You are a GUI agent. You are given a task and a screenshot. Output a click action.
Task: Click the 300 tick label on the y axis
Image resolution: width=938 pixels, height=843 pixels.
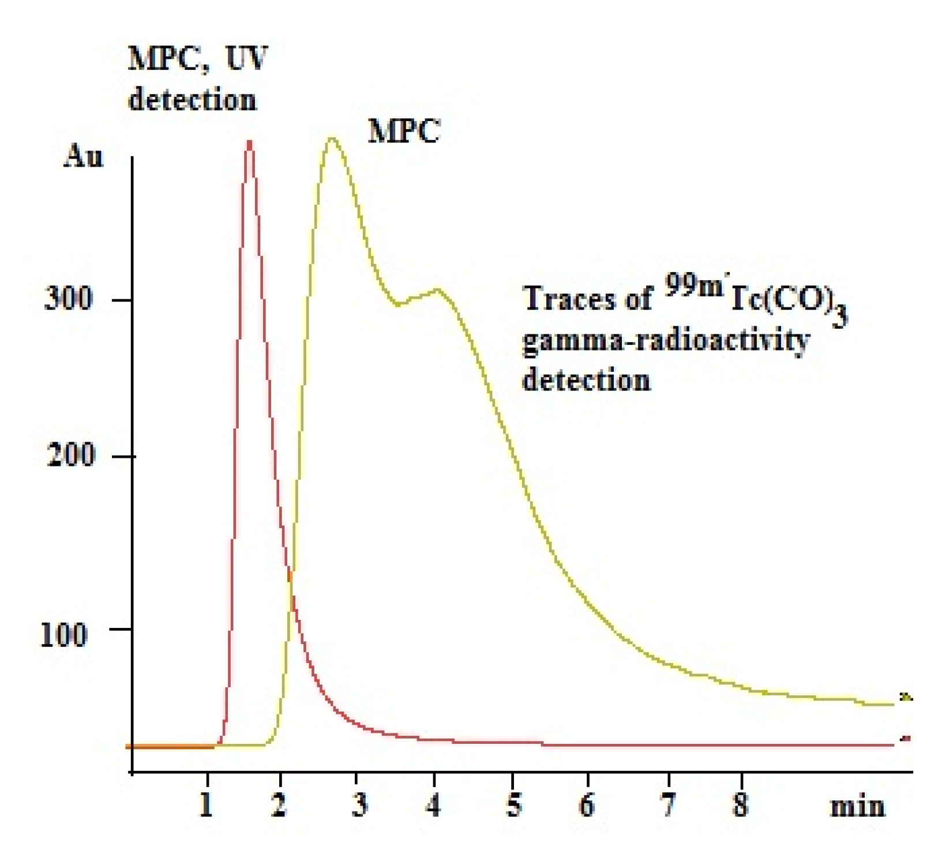68,299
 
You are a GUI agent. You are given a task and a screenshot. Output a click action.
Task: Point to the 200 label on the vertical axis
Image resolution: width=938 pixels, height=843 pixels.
70,456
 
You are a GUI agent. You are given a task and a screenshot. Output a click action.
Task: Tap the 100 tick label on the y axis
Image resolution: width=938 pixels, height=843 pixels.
63,634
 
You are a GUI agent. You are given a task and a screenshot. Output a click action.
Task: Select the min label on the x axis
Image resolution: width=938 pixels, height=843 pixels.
857,806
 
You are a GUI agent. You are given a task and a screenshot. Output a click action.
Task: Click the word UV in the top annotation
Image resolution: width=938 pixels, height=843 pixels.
246,58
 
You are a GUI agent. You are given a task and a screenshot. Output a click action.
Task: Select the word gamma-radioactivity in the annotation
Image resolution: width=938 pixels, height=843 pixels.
666,341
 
